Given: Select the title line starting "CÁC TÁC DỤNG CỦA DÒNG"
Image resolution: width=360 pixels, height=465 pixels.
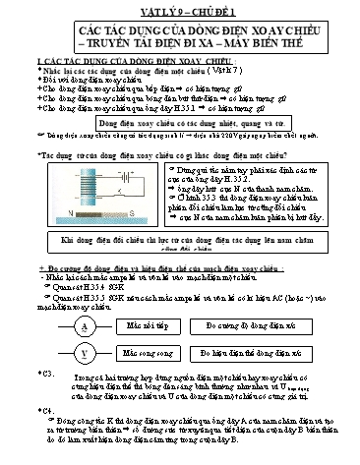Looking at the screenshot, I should tap(180, 32).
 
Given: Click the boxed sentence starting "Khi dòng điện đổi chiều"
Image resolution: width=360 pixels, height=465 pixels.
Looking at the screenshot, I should tap(180, 241).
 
